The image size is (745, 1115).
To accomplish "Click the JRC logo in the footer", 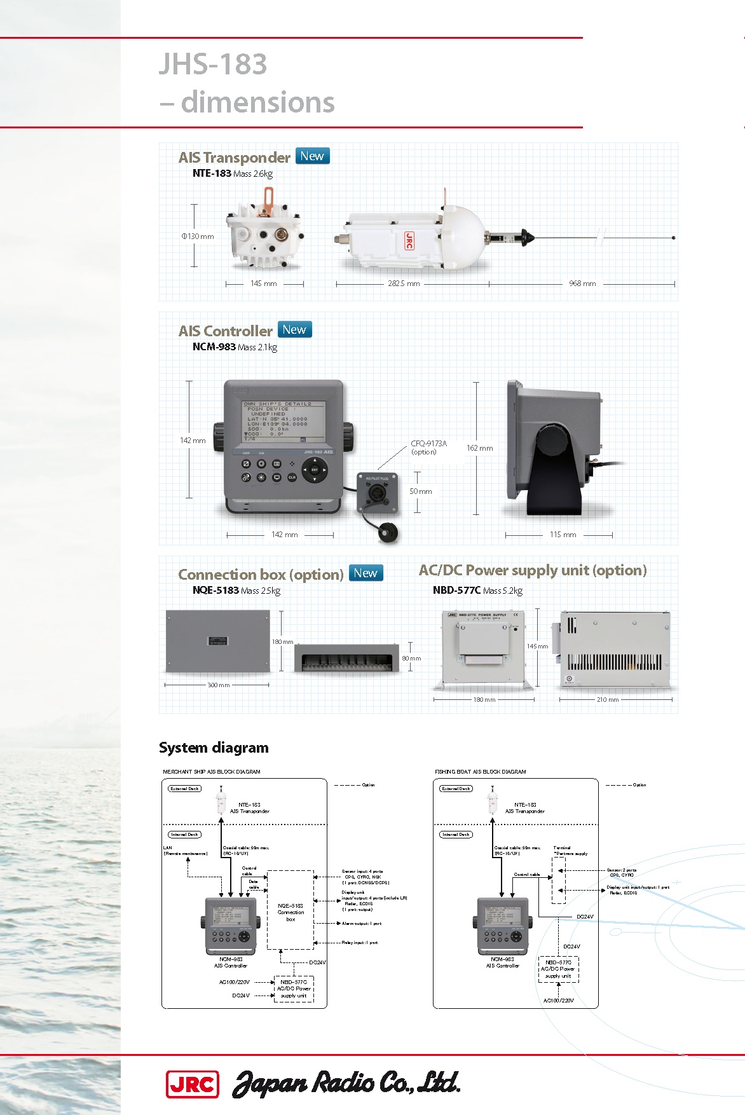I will (192, 1084).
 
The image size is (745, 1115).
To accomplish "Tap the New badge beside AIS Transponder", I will (312, 156).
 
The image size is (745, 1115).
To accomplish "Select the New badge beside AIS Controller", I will (294, 330).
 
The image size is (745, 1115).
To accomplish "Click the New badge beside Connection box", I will (366, 573).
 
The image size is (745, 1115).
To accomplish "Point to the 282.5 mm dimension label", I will (404, 284).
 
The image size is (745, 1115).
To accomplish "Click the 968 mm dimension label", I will (582, 284).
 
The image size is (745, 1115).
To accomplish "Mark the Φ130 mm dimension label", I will (198, 236).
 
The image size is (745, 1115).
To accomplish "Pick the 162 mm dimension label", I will (480, 448).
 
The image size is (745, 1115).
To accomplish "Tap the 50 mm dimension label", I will (421, 491).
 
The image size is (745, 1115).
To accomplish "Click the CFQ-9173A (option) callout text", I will (428, 448).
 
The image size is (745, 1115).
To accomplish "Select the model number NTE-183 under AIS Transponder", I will (212, 174).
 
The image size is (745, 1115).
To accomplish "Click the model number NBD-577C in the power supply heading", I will (456, 590).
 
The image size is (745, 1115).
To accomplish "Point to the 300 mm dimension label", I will (219, 685).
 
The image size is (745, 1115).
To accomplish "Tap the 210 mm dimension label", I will (608, 700).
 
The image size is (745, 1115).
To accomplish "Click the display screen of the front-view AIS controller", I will (284, 421).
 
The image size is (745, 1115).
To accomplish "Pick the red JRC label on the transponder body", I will (409, 240).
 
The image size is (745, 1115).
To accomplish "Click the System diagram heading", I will (214, 748).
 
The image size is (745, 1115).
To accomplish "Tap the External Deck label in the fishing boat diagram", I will (456, 789).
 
